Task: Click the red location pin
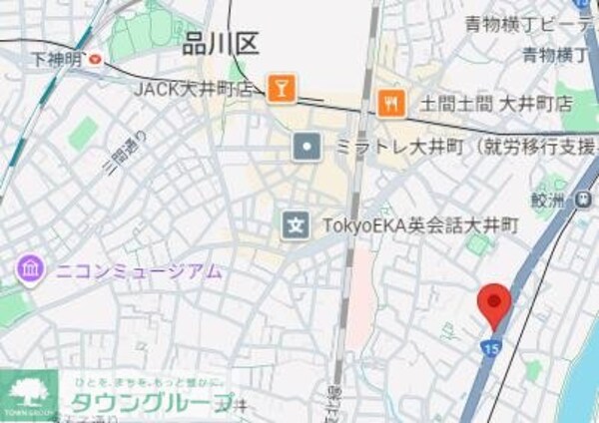[x=492, y=304]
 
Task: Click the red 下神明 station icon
[x=95, y=60]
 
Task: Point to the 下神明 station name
[x=55, y=60]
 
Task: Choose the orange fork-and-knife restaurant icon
[x=391, y=102]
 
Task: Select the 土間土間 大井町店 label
[x=495, y=103]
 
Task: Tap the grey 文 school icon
[x=295, y=224]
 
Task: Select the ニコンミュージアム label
[x=138, y=270]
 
